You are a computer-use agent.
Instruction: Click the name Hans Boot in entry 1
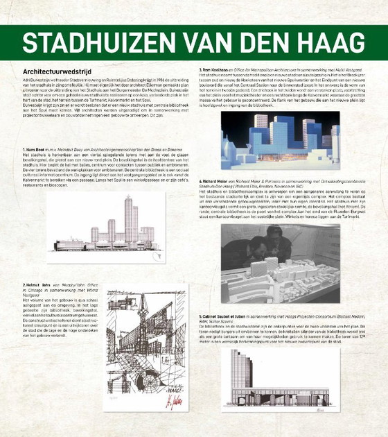tap(34, 151)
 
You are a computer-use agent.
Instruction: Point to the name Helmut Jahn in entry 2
tap(35, 284)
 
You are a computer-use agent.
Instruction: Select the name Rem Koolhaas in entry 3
tap(215, 70)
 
